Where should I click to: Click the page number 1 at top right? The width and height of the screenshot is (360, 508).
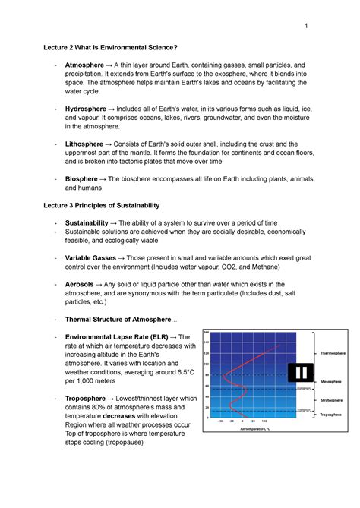point(305,28)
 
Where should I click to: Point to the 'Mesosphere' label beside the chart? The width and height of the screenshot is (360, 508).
point(330,381)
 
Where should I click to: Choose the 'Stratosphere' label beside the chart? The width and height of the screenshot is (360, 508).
point(330,399)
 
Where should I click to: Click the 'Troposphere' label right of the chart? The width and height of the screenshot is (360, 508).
point(330,415)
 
